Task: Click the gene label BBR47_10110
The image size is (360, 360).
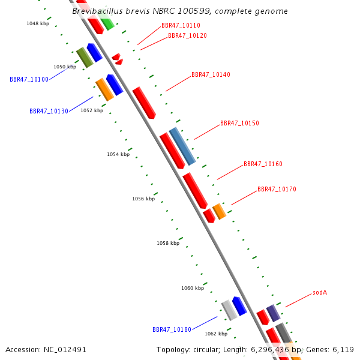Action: (181, 26)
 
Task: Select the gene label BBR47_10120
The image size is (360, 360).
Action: (187, 36)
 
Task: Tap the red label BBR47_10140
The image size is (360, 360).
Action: (211, 75)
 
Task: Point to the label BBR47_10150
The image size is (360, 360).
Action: (239, 124)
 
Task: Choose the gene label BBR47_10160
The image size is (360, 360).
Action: (263, 164)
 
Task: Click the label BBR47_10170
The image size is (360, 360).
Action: (277, 190)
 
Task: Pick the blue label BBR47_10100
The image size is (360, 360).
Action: (29, 79)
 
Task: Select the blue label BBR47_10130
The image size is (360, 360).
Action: (49, 111)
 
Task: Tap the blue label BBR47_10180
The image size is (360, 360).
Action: (172, 329)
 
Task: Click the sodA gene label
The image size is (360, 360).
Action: (320, 293)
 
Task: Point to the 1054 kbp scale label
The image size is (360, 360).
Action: (118, 154)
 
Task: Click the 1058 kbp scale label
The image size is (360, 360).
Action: (168, 243)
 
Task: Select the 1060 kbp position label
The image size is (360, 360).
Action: (193, 288)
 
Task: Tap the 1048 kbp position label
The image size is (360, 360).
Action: (38, 23)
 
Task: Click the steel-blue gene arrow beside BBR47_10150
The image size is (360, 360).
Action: (182, 146)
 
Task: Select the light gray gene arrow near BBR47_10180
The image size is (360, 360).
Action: (229, 310)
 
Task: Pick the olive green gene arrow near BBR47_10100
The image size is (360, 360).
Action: (84, 57)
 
